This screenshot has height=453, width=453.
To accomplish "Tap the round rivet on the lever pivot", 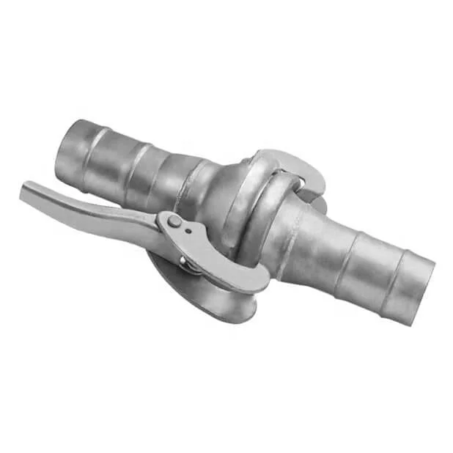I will (x=174, y=221).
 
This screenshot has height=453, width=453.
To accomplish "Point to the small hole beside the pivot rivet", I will (x=188, y=230).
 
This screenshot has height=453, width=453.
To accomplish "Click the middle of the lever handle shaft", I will (x=95, y=213).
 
